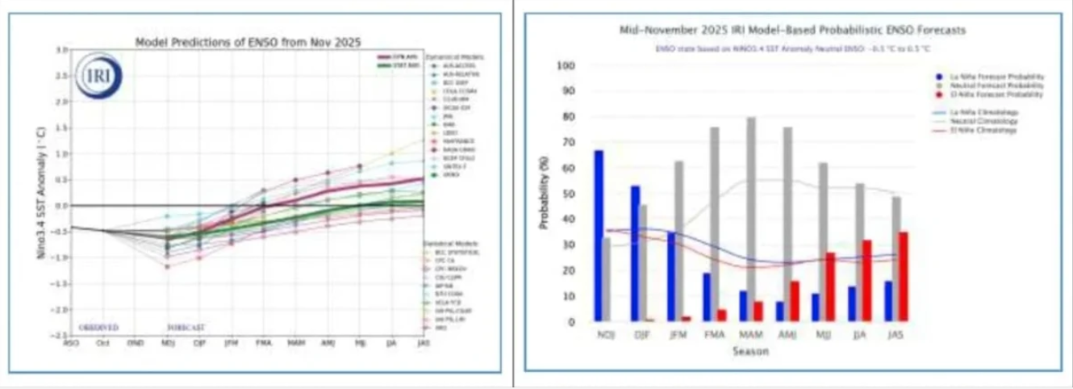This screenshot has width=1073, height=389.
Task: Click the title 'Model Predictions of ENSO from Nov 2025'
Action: point(248,41)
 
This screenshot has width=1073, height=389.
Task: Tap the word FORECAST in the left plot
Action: point(186,328)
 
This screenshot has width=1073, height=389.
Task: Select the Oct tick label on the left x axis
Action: point(102,343)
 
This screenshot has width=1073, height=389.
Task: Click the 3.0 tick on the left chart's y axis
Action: point(61,50)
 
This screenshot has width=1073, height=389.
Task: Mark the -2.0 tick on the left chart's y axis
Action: point(59,309)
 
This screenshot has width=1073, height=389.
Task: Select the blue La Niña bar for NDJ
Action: point(599,236)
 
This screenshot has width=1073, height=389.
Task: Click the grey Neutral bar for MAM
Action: point(751,220)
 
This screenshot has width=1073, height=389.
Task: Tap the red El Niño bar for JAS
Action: point(903,277)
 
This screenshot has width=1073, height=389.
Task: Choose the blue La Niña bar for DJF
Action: point(636,253)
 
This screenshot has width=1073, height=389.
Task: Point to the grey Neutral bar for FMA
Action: point(714,224)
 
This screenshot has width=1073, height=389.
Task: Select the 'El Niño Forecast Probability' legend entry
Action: point(1005,95)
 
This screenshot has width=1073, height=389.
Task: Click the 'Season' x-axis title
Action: point(750,351)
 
